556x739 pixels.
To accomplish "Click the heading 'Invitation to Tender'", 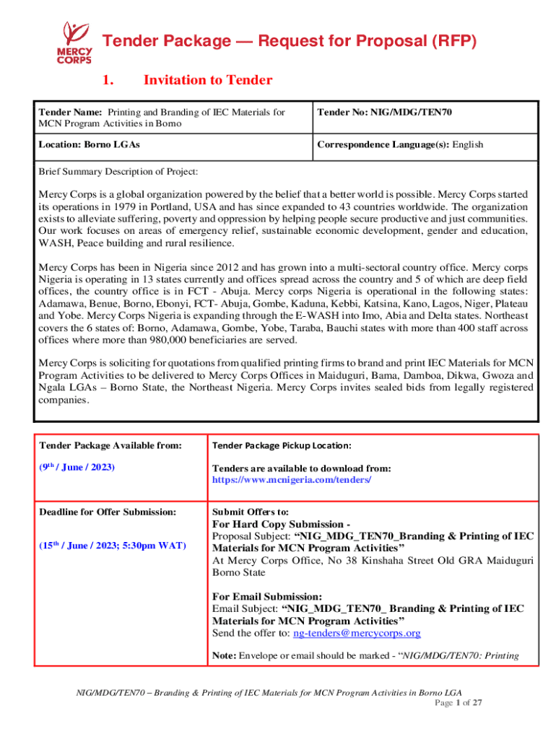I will point(208,80).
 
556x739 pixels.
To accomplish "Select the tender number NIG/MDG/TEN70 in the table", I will point(411,112).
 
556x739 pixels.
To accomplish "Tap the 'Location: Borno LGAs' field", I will point(89,144).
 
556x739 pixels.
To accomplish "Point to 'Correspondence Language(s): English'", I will point(399,144).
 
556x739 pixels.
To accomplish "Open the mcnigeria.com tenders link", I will point(292,479).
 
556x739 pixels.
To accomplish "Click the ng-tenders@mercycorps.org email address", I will point(356,633).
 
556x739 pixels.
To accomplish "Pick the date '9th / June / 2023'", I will point(77,467).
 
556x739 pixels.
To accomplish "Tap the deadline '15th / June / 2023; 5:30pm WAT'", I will point(112,545).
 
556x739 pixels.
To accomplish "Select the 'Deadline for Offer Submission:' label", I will point(108,512).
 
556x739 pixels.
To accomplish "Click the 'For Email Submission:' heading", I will point(267,596).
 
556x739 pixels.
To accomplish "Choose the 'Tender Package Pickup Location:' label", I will point(282,445).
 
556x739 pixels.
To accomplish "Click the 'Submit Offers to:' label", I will point(247,512).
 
